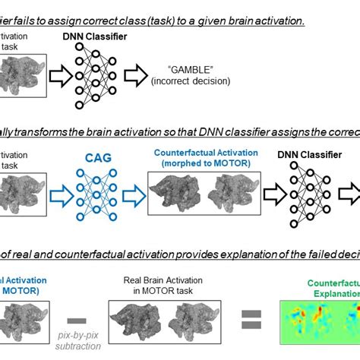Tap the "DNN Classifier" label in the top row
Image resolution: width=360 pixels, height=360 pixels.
94,36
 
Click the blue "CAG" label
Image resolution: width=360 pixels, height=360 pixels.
93,157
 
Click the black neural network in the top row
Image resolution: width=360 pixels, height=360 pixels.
93,73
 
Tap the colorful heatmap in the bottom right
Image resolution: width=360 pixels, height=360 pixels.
320,320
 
